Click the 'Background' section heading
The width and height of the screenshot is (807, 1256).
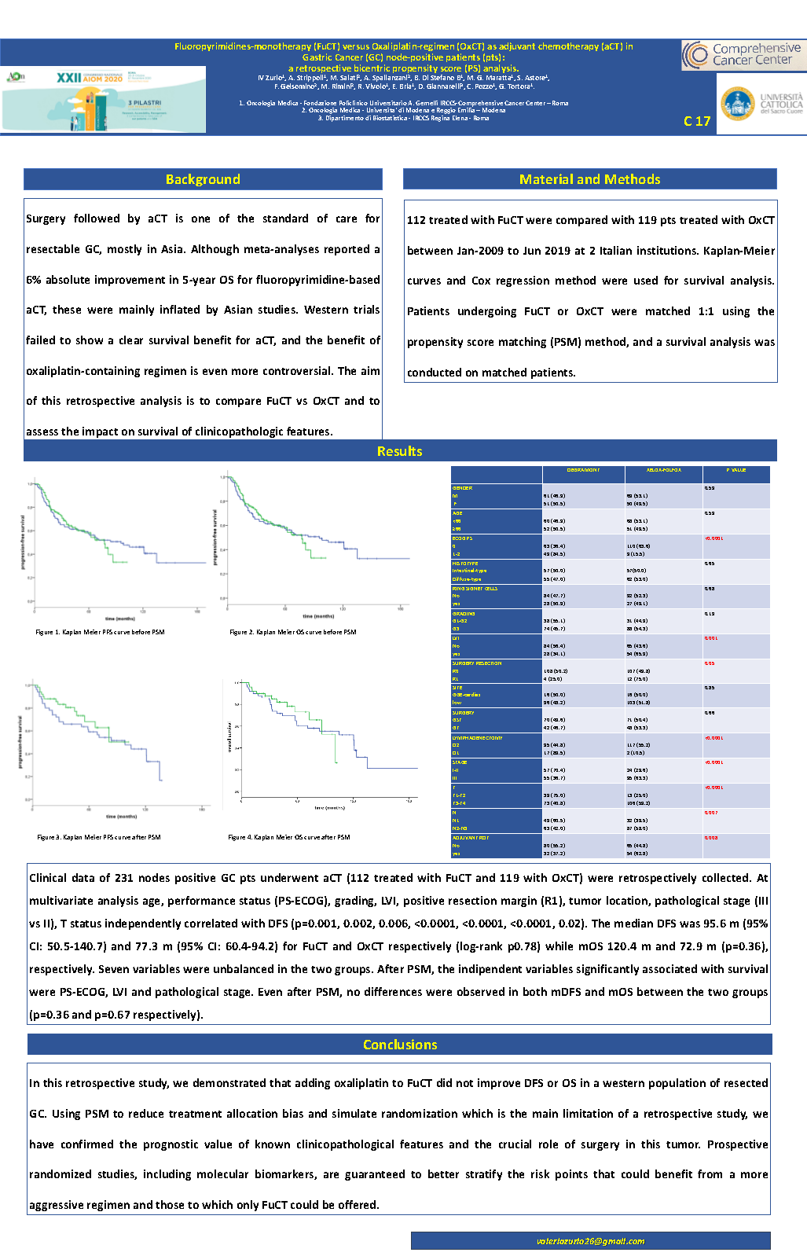pos(203,179)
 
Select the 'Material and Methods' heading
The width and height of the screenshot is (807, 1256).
pos(589,179)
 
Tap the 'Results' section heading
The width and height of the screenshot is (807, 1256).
pos(399,451)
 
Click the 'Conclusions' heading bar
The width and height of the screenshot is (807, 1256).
pos(399,1045)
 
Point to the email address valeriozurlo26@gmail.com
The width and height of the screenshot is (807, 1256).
pos(590,1241)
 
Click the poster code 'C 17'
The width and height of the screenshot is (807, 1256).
pos(696,121)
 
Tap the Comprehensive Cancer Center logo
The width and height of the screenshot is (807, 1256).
pos(742,55)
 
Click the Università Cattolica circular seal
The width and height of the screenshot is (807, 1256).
pos(737,105)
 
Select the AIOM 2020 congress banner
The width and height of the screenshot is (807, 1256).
pos(104,99)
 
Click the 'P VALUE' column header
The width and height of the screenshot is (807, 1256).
pos(735,470)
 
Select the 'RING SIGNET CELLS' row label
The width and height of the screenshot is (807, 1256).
pos(475,589)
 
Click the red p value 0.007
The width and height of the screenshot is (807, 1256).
pos(710,813)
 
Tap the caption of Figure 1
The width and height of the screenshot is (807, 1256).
pos(100,632)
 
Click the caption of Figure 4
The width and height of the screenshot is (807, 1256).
pos(288,837)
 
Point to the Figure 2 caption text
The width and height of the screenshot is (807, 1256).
pos(292,632)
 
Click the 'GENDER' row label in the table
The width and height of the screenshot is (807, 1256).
pos(462,488)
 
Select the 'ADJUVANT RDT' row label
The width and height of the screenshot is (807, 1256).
pos(471,838)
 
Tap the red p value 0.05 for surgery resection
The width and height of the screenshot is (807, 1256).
pos(710,663)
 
